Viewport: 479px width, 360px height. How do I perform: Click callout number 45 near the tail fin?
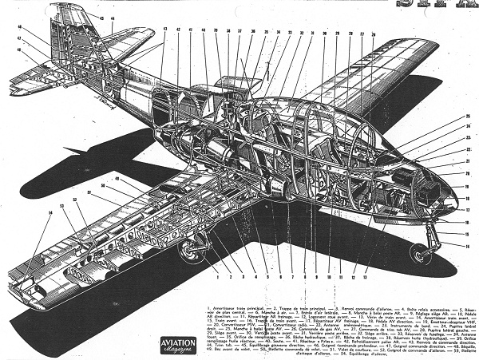click(x=102, y=16)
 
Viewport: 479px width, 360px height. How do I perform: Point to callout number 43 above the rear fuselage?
click(x=165, y=30)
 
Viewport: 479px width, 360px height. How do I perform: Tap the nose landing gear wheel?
click(x=418, y=253)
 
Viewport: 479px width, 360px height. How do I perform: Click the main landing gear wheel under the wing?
click(x=189, y=252)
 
